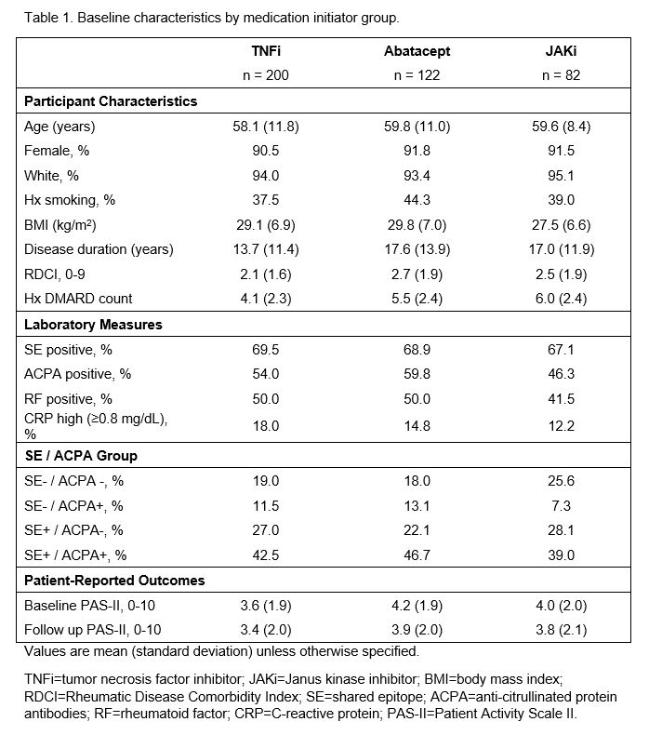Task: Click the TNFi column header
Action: [266, 52]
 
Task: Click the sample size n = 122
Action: [415, 76]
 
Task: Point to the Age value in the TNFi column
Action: [266, 127]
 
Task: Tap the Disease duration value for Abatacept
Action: [415, 249]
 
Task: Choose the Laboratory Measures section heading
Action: [93, 325]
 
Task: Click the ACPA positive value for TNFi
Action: [266, 375]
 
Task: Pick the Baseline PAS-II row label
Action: [83, 607]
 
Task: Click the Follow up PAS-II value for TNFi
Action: [266, 631]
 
